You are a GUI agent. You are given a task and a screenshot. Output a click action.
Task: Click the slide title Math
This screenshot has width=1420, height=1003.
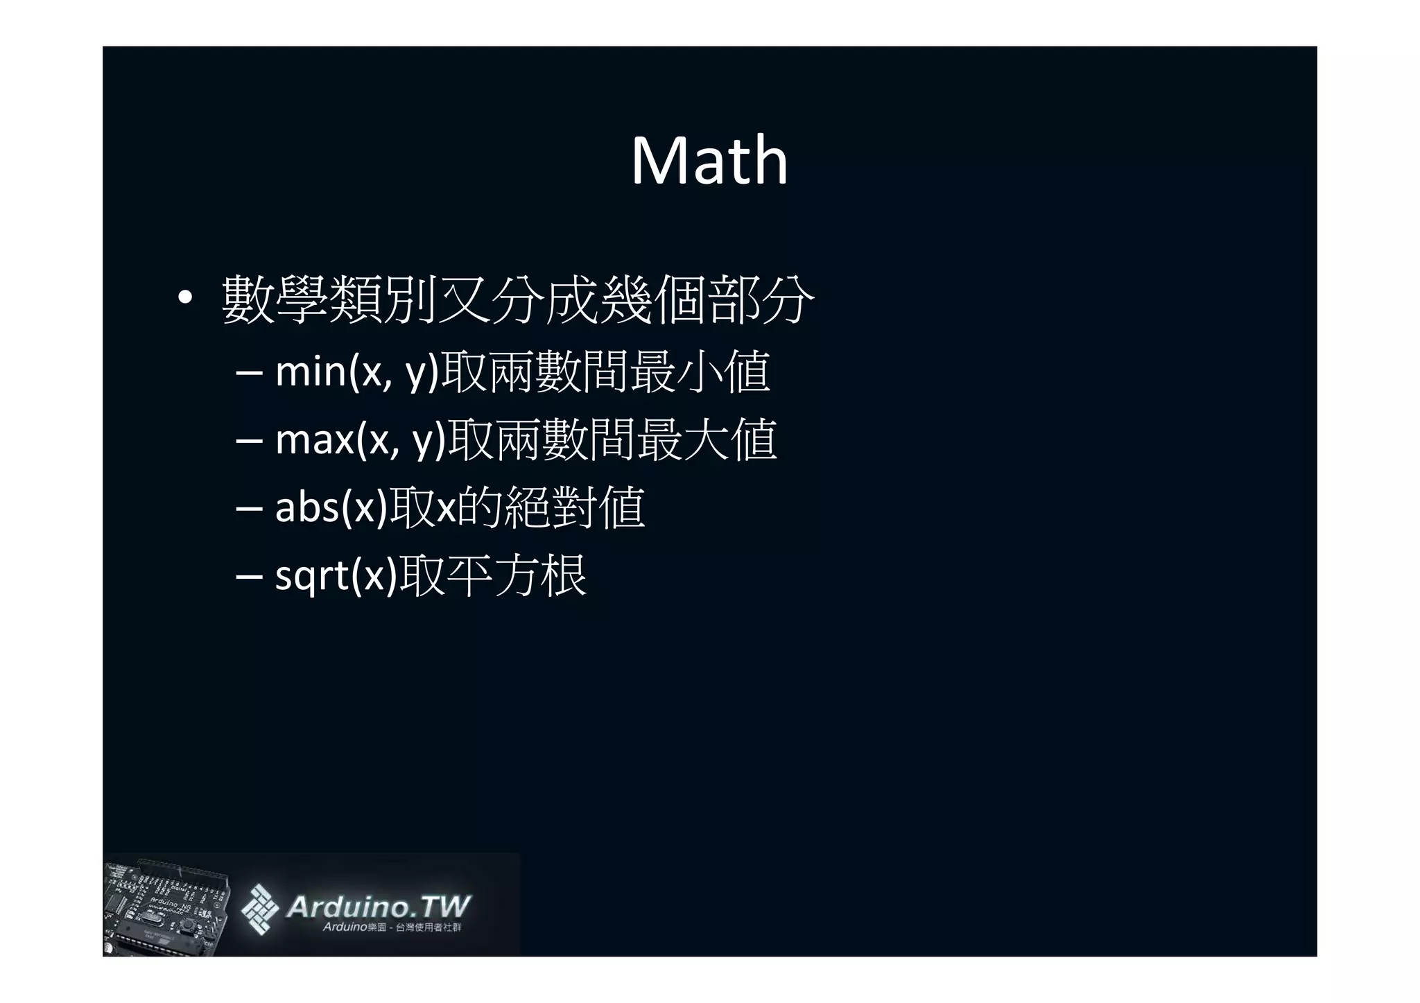click(x=709, y=161)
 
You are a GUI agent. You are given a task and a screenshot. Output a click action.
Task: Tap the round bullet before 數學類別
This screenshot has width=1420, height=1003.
click(x=184, y=299)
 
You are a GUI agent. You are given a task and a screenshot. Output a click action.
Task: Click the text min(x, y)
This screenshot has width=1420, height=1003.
click(x=357, y=372)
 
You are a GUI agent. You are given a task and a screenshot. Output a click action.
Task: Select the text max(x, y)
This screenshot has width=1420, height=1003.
click(x=360, y=439)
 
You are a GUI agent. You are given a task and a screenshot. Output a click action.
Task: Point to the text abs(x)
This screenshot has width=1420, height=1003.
click(x=331, y=507)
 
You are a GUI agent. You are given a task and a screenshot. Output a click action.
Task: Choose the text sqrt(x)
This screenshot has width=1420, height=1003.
click(x=336, y=575)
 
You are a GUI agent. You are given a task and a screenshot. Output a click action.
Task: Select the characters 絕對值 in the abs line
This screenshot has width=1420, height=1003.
click(x=575, y=507)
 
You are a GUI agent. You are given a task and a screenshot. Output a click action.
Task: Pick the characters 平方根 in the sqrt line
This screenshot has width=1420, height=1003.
click(x=517, y=575)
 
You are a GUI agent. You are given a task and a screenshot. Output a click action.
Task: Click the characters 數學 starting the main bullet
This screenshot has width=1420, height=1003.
click(x=275, y=299)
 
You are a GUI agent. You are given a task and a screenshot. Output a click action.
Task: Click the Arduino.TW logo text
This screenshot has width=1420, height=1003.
click(x=378, y=906)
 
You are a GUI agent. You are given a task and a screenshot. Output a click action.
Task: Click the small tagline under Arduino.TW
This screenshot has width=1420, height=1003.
click(x=392, y=927)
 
